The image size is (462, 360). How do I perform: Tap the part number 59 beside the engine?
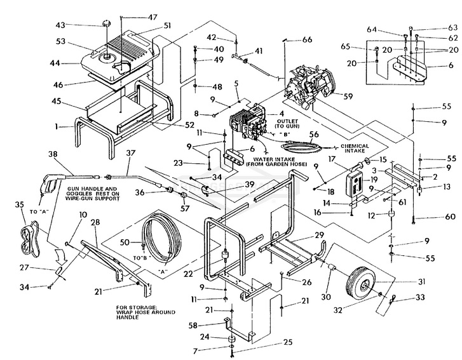point(347,97)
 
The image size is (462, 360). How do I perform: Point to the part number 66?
point(308,40)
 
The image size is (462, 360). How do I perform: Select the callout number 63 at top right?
point(435,28)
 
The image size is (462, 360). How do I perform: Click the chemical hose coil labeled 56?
point(303,149)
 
